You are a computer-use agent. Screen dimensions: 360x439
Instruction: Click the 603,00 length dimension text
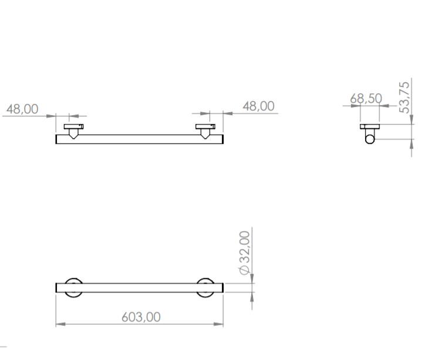click(x=141, y=317)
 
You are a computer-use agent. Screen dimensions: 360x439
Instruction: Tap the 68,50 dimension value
click(x=366, y=98)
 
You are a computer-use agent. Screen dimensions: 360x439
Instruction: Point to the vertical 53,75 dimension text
click(x=404, y=97)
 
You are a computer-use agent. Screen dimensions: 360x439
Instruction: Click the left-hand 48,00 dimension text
click(x=22, y=109)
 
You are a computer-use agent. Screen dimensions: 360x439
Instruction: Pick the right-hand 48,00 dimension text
click(x=258, y=106)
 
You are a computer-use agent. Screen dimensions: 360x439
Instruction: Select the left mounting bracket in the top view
click(x=73, y=129)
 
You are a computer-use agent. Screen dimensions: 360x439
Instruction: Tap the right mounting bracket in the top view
click(x=205, y=129)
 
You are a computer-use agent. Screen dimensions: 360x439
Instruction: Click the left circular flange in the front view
click(x=73, y=288)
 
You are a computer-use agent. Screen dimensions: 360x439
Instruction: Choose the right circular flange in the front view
click(x=205, y=288)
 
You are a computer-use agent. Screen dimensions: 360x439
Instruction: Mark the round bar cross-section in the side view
click(x=370, y=138)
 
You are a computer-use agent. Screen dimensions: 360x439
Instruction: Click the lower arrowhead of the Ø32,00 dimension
click(x=252, y=297)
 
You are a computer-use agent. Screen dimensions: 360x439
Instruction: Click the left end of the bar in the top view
click(x=58, y=139)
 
